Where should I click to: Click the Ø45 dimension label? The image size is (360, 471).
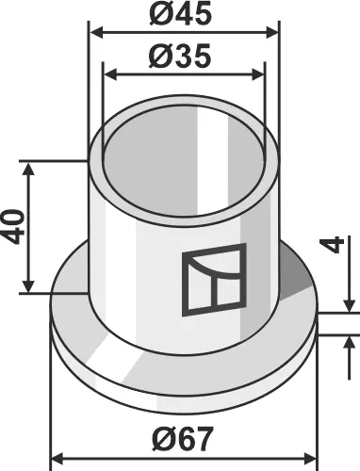point(185,16)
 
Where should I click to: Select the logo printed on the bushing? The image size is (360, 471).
point(213,280)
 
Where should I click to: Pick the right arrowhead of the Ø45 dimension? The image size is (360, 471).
point(274,32)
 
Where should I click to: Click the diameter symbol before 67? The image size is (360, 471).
point(160,439)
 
